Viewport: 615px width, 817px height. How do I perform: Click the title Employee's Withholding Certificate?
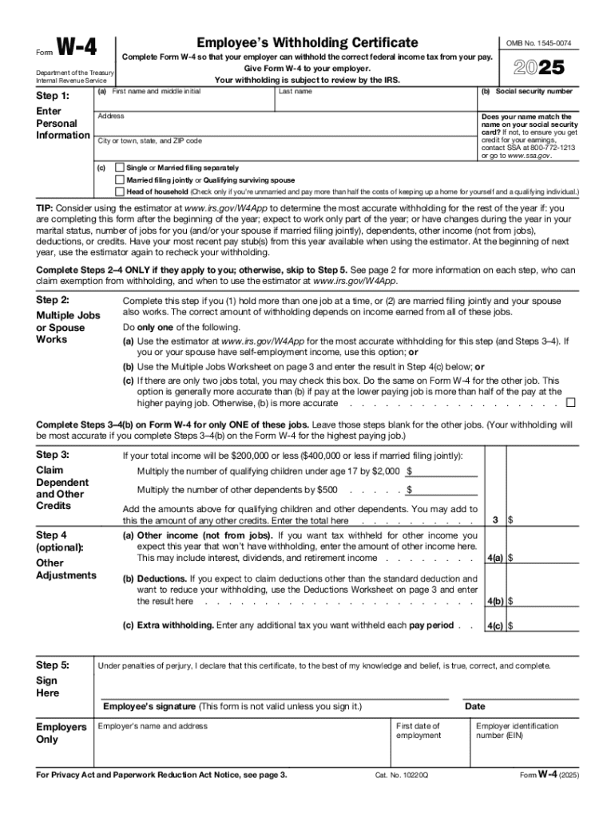[308, 42]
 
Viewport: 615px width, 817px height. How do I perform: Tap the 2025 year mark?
[538, 67]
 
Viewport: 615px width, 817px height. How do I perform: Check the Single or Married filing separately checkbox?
[120, 168]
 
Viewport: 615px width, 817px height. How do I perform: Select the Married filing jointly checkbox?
[120, 180]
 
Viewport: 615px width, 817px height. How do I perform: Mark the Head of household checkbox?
[120, 191]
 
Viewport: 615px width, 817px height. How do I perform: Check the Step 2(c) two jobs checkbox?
[569, 403]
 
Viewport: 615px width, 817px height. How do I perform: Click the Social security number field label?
[526, 92]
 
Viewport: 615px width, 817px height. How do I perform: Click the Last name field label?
[295, 92]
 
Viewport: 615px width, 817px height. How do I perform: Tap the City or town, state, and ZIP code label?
[149, 140]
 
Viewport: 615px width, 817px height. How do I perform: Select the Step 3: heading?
[53, 454]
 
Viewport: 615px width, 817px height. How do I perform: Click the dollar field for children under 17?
[443, 471]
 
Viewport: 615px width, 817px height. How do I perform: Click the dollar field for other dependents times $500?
[443, 489]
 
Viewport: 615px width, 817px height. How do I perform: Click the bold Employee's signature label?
[149, 706]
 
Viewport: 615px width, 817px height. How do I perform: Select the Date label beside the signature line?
[474, 706]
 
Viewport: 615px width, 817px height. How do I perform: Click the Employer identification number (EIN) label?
[517, 730]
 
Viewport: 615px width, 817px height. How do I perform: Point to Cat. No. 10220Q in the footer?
[401, 775]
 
